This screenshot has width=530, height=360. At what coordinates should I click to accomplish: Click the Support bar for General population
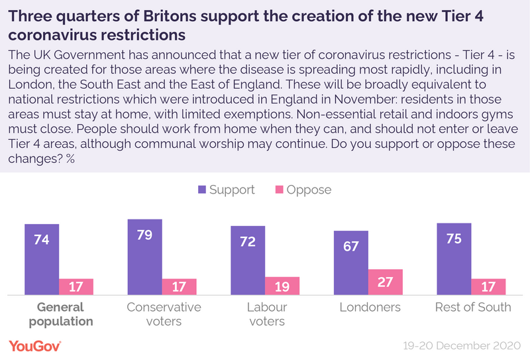(x=42, y=259)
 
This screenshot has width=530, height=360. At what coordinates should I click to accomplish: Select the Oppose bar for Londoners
(x=386, y=282)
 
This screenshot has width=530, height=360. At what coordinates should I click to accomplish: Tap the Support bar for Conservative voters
(x=144, y=257)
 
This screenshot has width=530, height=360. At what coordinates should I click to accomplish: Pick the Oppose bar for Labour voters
(x=282, y=286)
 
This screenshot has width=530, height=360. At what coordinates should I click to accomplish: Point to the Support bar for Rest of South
(x=454, y=259)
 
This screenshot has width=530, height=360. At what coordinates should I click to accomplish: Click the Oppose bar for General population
(x=76, y=286)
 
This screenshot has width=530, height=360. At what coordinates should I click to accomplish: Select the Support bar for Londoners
(x=351, y=263)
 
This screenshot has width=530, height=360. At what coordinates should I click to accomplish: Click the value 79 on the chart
(x=144, y=235)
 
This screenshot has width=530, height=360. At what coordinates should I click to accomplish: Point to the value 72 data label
(x=248, y=241)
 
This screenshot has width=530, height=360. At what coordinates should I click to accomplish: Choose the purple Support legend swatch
(x=202, y=190)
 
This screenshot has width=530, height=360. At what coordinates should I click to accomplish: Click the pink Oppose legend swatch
(x=280, y=190)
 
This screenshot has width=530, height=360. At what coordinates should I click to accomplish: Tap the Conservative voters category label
(x=163, y=314)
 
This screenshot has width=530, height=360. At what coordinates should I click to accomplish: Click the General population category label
(x=60, y=314)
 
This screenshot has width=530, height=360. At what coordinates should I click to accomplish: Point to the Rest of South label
(x=473, y=307)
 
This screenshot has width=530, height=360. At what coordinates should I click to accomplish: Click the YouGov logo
(x=34, y=345)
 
